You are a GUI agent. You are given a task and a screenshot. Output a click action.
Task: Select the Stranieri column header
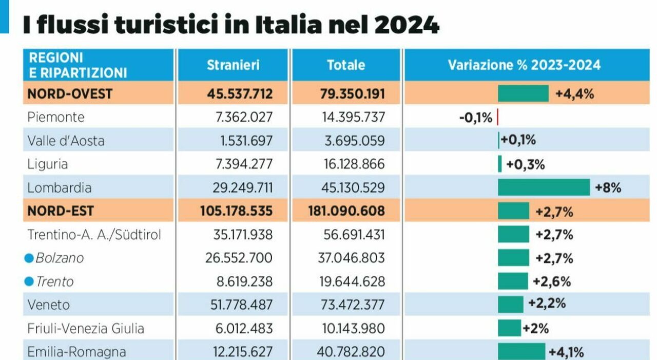pos(233,65)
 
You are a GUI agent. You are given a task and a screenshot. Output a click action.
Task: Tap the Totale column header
pos(346,65)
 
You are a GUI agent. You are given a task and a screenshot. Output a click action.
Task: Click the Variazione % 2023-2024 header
pos(524,65)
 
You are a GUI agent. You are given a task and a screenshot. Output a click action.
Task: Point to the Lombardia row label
pos(59,187)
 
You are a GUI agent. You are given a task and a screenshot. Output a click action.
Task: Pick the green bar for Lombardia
pos(544,187)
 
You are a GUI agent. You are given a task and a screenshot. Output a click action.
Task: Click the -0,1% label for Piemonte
pos(476,118)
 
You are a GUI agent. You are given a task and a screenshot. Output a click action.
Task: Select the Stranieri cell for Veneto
pos(242,305)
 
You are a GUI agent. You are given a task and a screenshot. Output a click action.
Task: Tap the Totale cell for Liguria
pos(351,164)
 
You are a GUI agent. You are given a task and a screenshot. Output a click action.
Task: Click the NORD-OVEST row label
pos(70,93)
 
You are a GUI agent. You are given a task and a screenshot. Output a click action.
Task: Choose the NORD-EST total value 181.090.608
pos(346,211)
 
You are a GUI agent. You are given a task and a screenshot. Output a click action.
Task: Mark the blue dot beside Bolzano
pos(29,258)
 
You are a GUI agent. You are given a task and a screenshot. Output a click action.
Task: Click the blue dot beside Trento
pos(29,282)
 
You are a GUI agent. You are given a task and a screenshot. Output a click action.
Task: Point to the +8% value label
pos(608,187)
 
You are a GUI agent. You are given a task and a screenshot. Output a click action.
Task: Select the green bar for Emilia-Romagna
pos(521,352)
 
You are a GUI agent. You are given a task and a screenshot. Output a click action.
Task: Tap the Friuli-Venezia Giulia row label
pos(85,328)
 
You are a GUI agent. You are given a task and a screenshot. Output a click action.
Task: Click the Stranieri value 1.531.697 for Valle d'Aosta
pos(242,141)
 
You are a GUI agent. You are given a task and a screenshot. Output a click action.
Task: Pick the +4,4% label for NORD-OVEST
pos(574,93)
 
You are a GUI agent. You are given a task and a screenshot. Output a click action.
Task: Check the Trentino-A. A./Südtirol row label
pos(94,235)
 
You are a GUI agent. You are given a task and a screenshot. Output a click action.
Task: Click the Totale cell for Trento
pos(351,282)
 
